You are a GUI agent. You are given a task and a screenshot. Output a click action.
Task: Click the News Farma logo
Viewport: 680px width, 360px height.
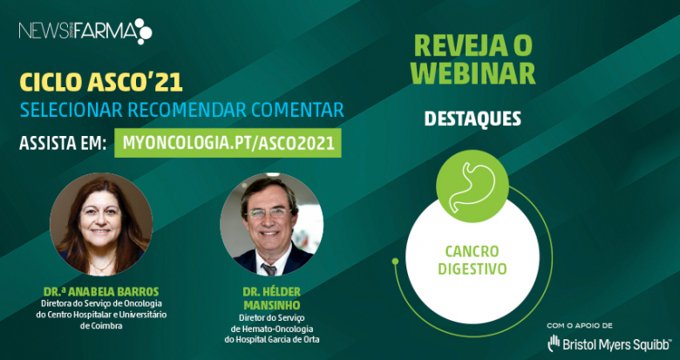coord(85,31)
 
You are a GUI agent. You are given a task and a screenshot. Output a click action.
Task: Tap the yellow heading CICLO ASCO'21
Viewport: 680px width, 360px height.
coord(101,83)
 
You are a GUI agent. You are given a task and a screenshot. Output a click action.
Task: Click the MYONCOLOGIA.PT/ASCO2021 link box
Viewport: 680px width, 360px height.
coord(228,143)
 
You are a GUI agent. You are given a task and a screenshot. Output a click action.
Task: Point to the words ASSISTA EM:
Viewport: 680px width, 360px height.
coord(63,144)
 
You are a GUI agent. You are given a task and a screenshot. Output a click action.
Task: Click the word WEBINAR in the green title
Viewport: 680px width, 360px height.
coord(473,73)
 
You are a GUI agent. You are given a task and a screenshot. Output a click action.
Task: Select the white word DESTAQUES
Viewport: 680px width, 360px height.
coord(473,119)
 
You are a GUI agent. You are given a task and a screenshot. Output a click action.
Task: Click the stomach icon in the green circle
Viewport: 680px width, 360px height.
coord(473,187)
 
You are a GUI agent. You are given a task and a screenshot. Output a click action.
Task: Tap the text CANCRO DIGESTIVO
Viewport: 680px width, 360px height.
coord(473,260)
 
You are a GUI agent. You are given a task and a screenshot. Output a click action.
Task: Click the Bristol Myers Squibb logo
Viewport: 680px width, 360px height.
coord(609,343)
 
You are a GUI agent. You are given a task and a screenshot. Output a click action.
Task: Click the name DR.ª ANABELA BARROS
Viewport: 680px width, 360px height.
coord(101,291)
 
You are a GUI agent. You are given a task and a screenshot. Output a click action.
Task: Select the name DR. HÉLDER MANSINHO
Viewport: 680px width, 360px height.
coord(272,298)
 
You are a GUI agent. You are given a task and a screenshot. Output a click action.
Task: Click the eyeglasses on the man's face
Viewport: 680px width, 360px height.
coord(269,213)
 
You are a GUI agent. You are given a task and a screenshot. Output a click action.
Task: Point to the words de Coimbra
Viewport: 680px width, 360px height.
coord(101,325)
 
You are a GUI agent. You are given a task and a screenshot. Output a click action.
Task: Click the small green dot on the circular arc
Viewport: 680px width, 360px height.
coord(395,262)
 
